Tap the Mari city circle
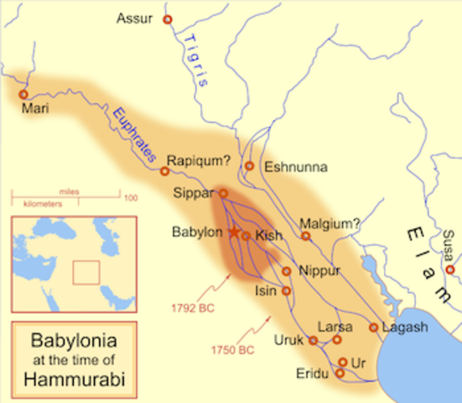[23, 95]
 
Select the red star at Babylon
[233, 232]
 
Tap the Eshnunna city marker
[249, 165]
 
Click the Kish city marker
[246, 236]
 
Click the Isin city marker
[287, 290]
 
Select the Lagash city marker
[373, 327]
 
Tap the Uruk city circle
[313, 341]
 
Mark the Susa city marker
[450, 270]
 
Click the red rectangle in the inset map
[86, 273]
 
